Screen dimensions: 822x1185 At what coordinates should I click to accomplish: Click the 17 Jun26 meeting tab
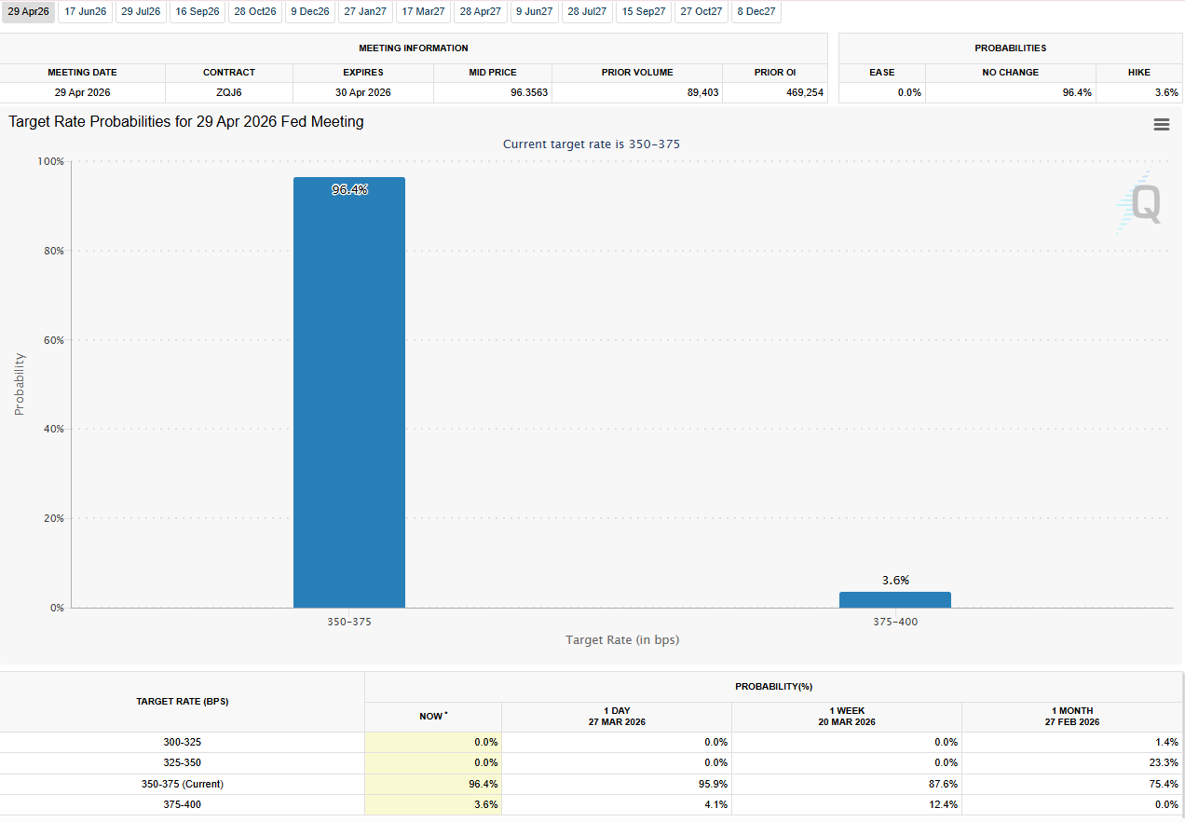point(85,12)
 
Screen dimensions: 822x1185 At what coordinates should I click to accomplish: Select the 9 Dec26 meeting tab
point(309,12)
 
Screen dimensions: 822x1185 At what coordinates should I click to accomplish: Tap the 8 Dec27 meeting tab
point(756,12)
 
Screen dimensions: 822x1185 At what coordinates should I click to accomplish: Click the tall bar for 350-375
point(349,391)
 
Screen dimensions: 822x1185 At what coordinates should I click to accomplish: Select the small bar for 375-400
point(894,599)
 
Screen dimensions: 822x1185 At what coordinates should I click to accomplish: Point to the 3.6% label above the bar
point(895,580)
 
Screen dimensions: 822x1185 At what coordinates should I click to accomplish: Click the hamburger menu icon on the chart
point(1161,125)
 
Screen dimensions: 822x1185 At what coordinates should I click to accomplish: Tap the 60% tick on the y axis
point(52,340)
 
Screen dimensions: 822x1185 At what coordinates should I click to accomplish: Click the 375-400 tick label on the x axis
point(894,622)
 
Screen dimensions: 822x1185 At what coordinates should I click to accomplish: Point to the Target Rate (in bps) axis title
point(622,639)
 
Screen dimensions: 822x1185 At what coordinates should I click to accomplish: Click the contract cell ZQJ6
point(229,92)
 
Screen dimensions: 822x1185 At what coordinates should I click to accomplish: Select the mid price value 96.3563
point(494,92)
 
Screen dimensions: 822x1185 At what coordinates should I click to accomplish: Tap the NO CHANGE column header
point(1010,72)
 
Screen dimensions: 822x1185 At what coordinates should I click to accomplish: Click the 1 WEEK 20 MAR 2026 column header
point(847,717)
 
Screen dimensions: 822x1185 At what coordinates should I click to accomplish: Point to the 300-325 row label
point(182,742)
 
